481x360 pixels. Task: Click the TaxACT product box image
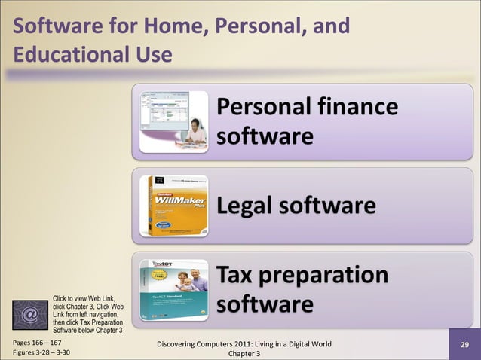173,289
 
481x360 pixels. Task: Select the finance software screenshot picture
171,121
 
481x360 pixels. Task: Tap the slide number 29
465,345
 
